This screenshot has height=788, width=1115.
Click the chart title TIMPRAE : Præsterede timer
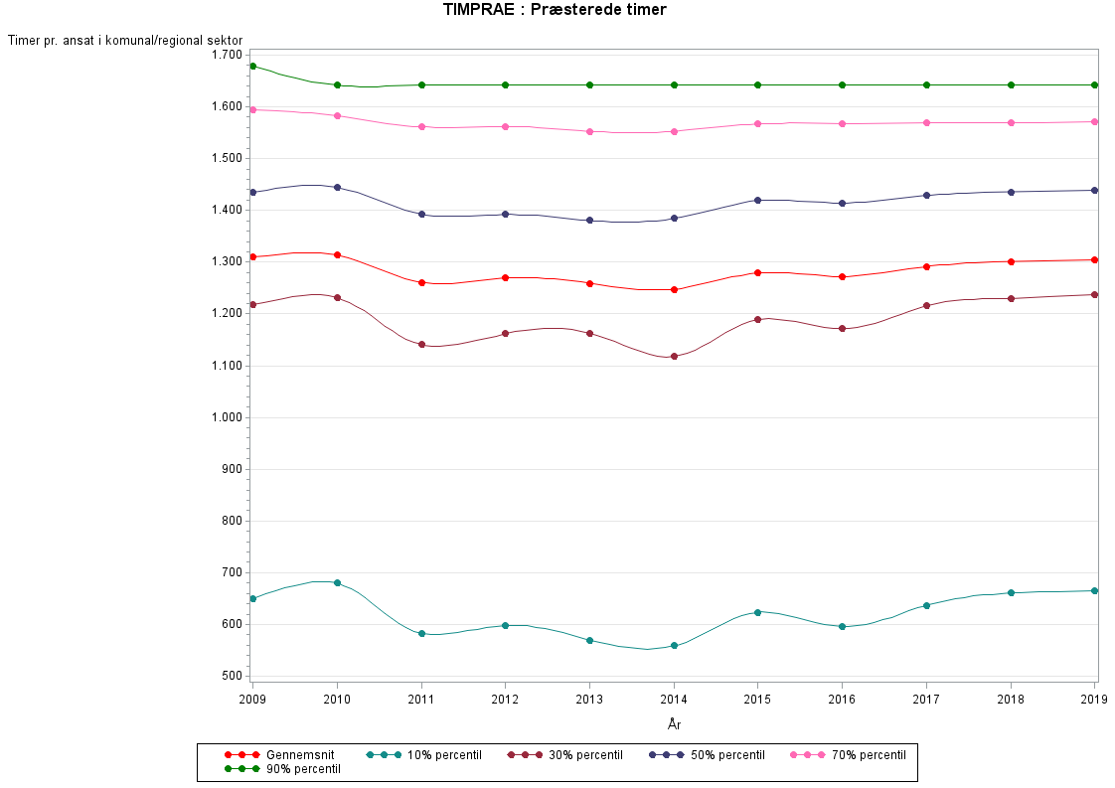tap(555, 10)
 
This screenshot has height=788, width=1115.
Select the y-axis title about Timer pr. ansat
tap(125, 40)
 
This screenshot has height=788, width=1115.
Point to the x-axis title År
tap(674, 724)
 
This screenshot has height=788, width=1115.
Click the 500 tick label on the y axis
tap(232, 677)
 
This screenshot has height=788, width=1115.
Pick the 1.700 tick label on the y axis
tap(226, 55)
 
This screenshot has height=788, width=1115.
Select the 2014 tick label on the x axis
tap(674, 699)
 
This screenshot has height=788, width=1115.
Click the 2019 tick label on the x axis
tap(1095, 699)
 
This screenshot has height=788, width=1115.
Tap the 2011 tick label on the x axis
tap(421, 699)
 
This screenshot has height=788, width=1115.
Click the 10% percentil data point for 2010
tap(338, 582)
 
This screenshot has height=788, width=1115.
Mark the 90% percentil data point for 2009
tap(253, 66)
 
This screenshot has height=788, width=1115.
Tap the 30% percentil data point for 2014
tap(674, 356)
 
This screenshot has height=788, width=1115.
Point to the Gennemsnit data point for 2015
tap(758, 272)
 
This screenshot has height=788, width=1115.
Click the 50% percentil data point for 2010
tap(338, 187)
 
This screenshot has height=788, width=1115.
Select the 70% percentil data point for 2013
tap(589, 131)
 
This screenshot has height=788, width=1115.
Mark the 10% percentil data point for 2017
tap(926, 605)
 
